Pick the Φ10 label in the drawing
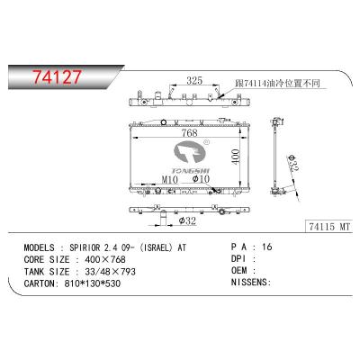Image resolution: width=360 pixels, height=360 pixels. click(x=202, y=179)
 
